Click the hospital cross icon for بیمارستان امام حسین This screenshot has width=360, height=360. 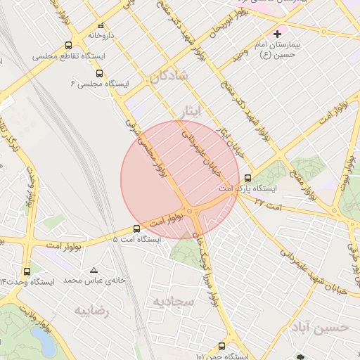[278, 34]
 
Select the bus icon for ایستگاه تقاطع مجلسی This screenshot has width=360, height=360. [67, 45]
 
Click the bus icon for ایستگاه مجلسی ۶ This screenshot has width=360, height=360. [98, 72]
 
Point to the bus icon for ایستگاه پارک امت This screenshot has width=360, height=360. [247, 178]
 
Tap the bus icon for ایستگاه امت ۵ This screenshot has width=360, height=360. [137, 229]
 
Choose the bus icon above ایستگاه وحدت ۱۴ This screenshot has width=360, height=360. [27, 271]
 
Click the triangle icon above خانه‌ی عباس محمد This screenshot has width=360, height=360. [94, 270]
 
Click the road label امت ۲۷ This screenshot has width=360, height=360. [268, 202]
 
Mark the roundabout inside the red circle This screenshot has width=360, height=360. [191, 211]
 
